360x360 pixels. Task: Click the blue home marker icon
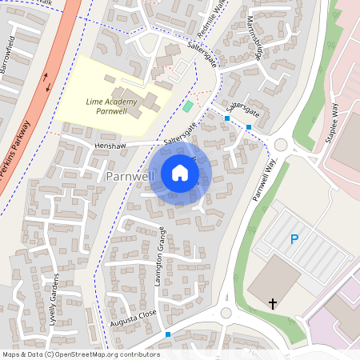pyautogui.click(x=180, y=173)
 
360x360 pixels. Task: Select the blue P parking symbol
pyautogui.click(x=294, y=239)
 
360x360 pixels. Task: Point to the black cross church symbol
pyautogui.click(x=273, y=303)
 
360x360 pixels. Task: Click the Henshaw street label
pyautogui.click(x=110, y=146)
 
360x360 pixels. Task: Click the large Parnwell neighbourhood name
pyautogui.click(x=130, y=175)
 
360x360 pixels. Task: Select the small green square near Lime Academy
pyautogui.click(x=188, y=106)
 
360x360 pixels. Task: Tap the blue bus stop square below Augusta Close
pyautogui.click(x=168, y=334)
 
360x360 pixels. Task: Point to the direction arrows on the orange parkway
pyautogui.click(x=46, y=82)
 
